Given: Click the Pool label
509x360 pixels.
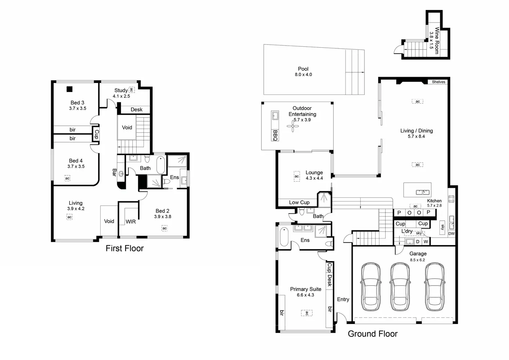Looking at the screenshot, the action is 303,69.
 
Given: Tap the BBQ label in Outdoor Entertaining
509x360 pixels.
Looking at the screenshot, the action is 275,135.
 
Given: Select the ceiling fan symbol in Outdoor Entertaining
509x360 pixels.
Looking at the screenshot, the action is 293,126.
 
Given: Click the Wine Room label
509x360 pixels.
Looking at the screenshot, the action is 437,40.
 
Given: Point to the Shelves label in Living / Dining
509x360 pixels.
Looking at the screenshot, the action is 438,82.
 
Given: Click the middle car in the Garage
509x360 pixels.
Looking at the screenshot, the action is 400,287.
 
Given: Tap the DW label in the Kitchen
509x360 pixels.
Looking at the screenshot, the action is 451,234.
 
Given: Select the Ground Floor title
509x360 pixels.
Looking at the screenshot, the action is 373,334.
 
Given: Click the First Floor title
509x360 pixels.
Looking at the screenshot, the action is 124,248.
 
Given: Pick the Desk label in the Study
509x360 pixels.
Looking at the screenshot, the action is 137,110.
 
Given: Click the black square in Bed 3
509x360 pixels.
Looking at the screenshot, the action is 70,89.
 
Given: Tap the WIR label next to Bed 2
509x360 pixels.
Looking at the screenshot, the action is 131,222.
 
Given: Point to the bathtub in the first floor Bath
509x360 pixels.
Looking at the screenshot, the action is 161,165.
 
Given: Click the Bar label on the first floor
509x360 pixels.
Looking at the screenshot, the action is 114,172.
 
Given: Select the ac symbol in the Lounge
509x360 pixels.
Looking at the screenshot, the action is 297,176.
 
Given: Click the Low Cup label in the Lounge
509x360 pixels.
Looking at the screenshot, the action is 299,202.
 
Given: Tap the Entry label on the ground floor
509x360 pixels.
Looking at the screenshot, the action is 343,299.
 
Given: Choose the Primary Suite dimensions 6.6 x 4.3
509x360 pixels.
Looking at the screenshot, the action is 305,295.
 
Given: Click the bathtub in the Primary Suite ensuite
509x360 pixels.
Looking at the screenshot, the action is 284,237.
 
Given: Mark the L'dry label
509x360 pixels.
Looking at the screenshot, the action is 407,231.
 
